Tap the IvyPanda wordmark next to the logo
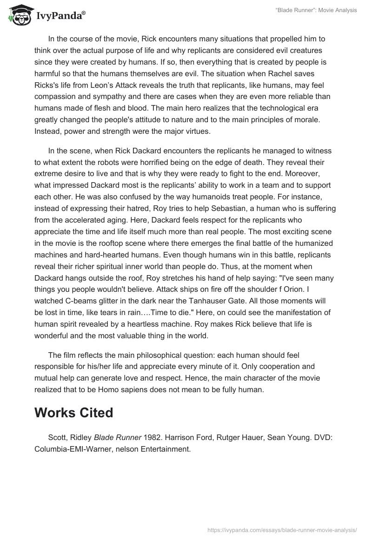(x=60, y=16)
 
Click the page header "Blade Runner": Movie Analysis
(x=317, y=10)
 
